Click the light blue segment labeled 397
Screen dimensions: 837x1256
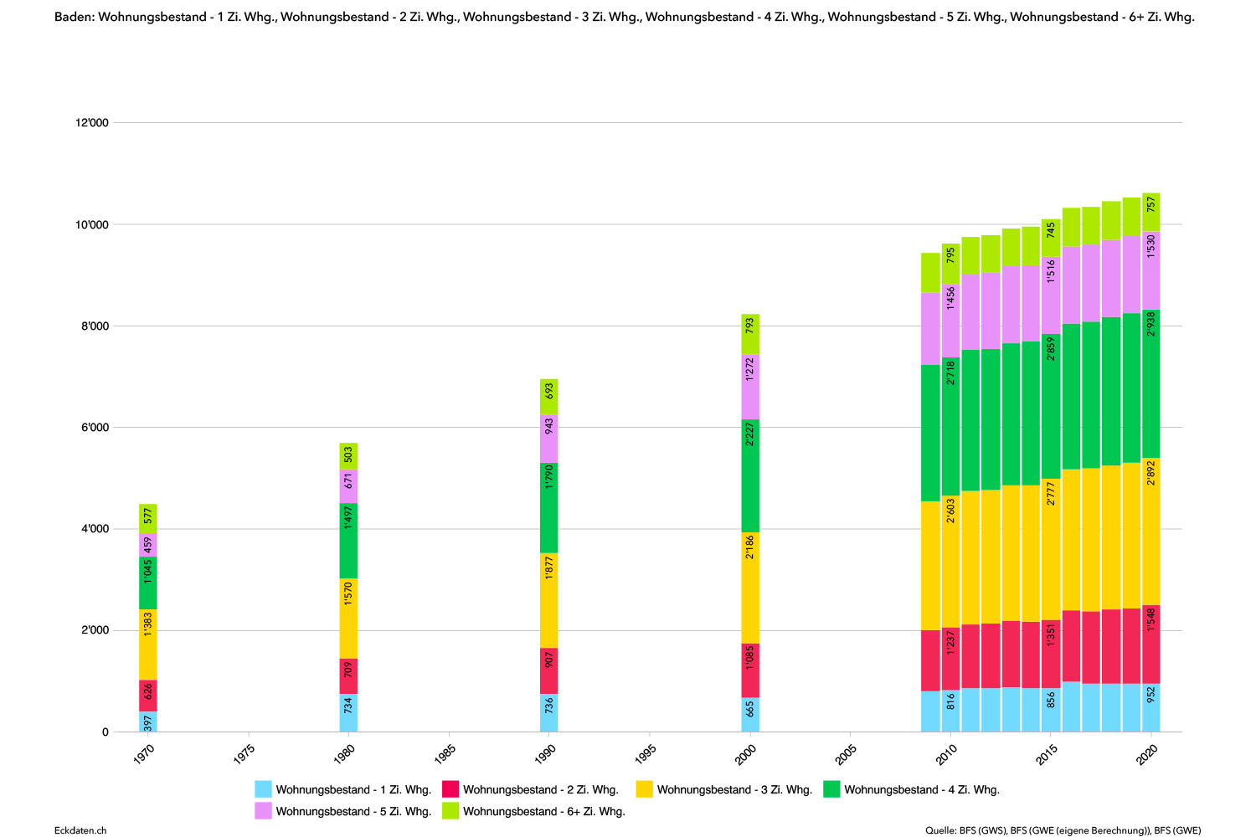point(148,721)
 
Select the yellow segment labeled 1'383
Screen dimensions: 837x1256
point(148,644)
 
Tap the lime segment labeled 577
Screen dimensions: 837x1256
point(148,518)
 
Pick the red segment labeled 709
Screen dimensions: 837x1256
point(348,675)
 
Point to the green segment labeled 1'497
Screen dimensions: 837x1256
point(348,541)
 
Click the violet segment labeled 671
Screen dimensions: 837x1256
point(348,486)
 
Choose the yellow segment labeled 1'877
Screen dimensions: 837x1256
point(549,600)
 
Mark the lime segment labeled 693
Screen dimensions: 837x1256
point(549,397)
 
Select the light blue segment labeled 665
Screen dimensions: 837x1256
point(750,714)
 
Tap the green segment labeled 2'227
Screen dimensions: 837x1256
point(750,475)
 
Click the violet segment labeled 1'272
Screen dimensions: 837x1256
point(750,388)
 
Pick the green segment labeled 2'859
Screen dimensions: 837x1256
point(1051,407)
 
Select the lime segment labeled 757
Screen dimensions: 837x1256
point(1151,212)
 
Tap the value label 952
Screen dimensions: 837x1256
point(1151,696)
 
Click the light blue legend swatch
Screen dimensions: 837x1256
point(263,788)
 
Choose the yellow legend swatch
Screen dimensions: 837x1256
point(644,788)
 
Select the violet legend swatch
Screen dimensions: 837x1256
point(263,810)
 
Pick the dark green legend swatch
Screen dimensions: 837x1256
point(831,788)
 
